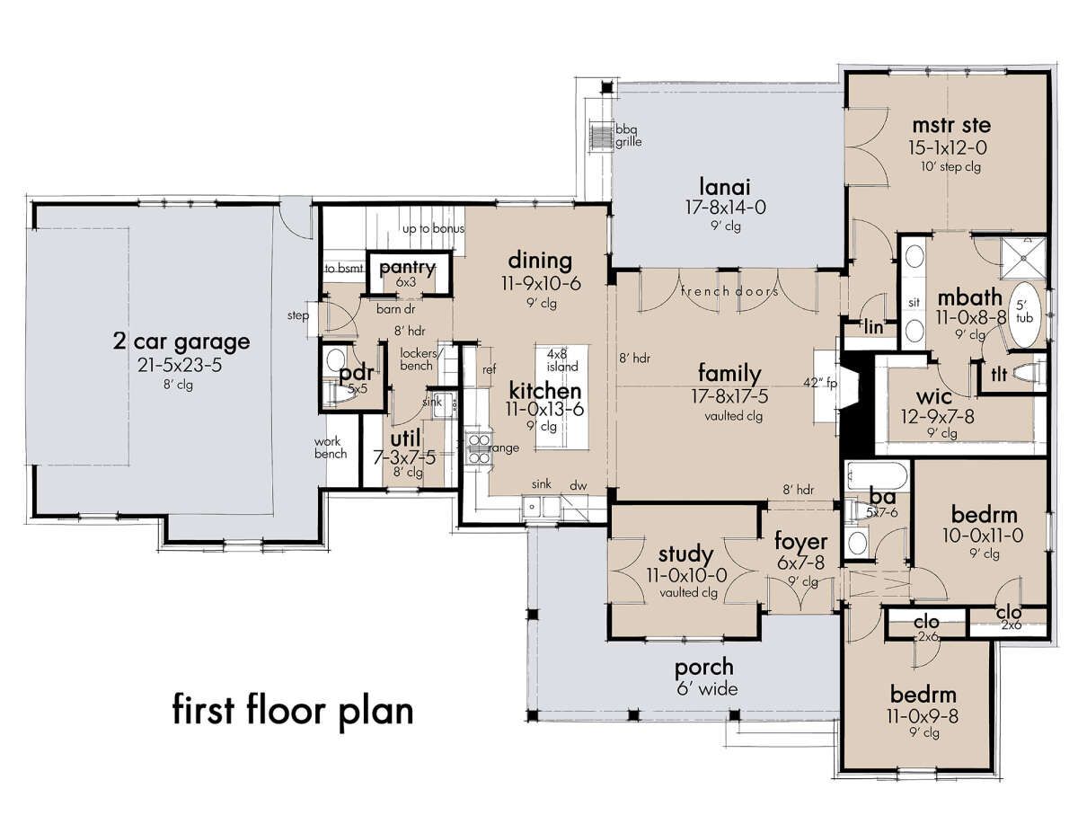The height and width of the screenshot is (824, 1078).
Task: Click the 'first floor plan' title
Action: coord(293,711)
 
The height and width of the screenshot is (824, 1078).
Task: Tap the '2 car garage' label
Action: coord(181,341)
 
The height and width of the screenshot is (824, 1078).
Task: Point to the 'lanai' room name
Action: coord(724,187)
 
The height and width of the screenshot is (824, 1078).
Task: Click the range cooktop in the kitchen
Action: coord(478,447)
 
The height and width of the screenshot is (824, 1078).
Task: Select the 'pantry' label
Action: coord(407,268)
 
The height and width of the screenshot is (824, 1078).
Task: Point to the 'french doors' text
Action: coord(729,291)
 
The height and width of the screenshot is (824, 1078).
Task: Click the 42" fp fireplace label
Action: coord(820,382)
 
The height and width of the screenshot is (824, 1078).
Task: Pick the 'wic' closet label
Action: coord(933,395)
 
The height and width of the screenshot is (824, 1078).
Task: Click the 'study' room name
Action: coord(685,554)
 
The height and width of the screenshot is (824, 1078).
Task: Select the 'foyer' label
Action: coord(800,542)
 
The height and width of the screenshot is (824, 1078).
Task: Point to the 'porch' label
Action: coord(704,668)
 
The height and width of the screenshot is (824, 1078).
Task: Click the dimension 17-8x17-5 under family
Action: coord(729,395)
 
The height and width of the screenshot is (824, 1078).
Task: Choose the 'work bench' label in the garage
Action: coord(330,447)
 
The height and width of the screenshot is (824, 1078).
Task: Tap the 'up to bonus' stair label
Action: coord(433,229)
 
